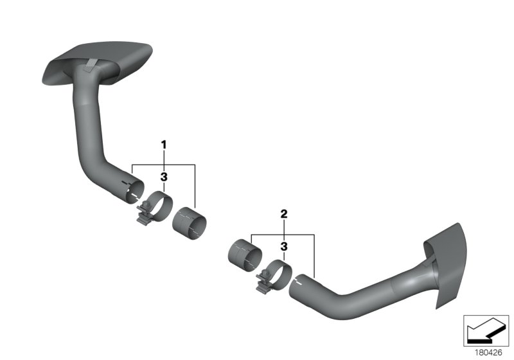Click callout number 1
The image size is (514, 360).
(x=164, y=145)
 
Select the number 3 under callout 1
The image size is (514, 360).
(x=164, y=176)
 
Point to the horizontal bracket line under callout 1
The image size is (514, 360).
(x=164, y=165)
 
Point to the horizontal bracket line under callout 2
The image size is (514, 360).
(x=283, y=235)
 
